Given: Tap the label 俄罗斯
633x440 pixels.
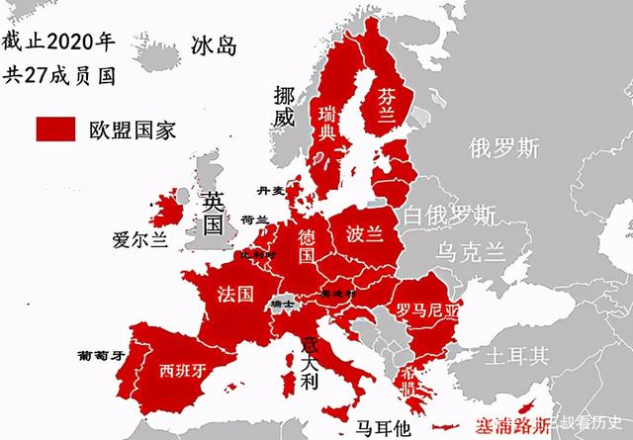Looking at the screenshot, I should pos(504,148).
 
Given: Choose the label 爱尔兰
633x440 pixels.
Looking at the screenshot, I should pos(140,239).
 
